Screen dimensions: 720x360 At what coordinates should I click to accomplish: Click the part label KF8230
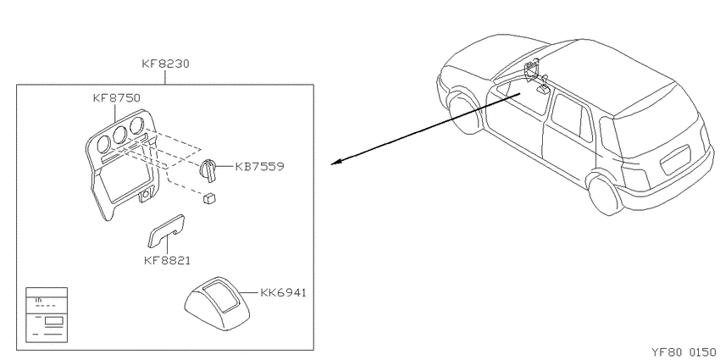coord(165,64)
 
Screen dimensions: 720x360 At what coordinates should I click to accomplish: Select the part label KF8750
coord(116,97)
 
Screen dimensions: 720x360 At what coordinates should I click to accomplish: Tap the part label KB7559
coord(259,166)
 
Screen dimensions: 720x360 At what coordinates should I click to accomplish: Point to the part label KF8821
coord(167,261)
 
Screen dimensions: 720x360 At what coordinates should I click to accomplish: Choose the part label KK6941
coord(283,292)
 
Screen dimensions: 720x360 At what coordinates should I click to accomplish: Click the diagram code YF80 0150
coord(684,352)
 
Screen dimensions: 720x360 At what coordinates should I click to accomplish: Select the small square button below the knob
coord(209,198)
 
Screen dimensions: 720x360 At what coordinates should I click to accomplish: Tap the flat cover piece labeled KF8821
coord(166,230)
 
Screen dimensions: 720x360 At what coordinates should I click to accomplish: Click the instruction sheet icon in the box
coord(47,315)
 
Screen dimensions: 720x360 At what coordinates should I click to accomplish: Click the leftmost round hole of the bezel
coord(104,144)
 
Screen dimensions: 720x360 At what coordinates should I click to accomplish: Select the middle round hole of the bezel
coord(120,135)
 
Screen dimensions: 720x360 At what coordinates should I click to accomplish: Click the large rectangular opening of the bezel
coord(125,179)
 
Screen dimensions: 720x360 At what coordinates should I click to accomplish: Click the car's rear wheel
coord(606,195)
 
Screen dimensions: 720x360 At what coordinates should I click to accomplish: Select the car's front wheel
coord(464,114)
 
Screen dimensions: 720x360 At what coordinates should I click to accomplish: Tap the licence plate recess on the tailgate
coord(675,160)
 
